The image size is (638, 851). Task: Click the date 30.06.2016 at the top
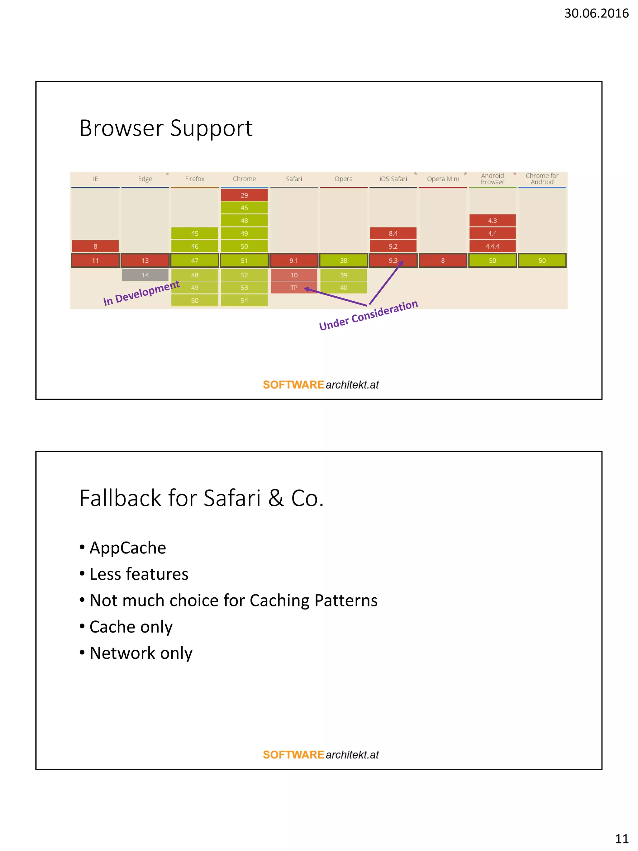tap(596, 13)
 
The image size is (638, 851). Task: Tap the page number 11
tap(621, 838)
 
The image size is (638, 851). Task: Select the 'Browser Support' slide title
tap(166, 128)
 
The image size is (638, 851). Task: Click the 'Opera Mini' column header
tap(443, 179)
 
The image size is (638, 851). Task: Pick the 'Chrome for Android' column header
tap(542, 179)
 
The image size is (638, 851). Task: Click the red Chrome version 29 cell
tap(244, 195)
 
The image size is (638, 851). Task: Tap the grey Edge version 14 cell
tap(145, 275)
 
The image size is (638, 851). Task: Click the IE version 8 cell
tap(95, 246)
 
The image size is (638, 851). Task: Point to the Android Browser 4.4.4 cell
tap(492, 246)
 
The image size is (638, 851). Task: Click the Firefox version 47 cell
tap(195, 261)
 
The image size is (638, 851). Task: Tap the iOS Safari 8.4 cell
tap(393, 233)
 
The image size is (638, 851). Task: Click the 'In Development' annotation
tap(141, 293)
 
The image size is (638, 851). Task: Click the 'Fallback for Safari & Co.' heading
tap(202, 498)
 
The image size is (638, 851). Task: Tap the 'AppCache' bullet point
tap(128, 548)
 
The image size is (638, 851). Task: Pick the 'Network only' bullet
tap(141, 653)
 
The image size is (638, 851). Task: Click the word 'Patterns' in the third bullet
tap(346, 600)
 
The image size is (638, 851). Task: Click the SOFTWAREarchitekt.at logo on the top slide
tap(321, 385)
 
